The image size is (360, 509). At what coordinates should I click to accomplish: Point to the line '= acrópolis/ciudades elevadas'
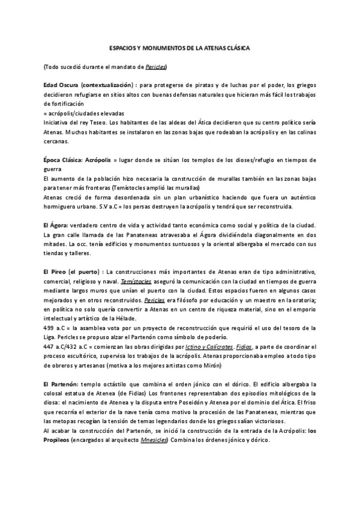84,113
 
